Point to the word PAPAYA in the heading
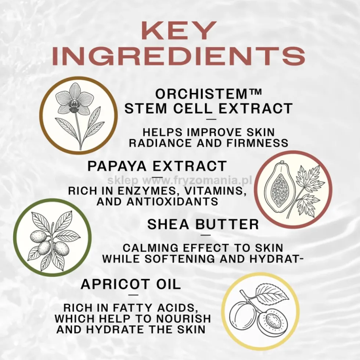[117, 166]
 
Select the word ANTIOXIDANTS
[172, 201]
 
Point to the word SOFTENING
[180, 259]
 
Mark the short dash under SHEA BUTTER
[206, 235]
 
